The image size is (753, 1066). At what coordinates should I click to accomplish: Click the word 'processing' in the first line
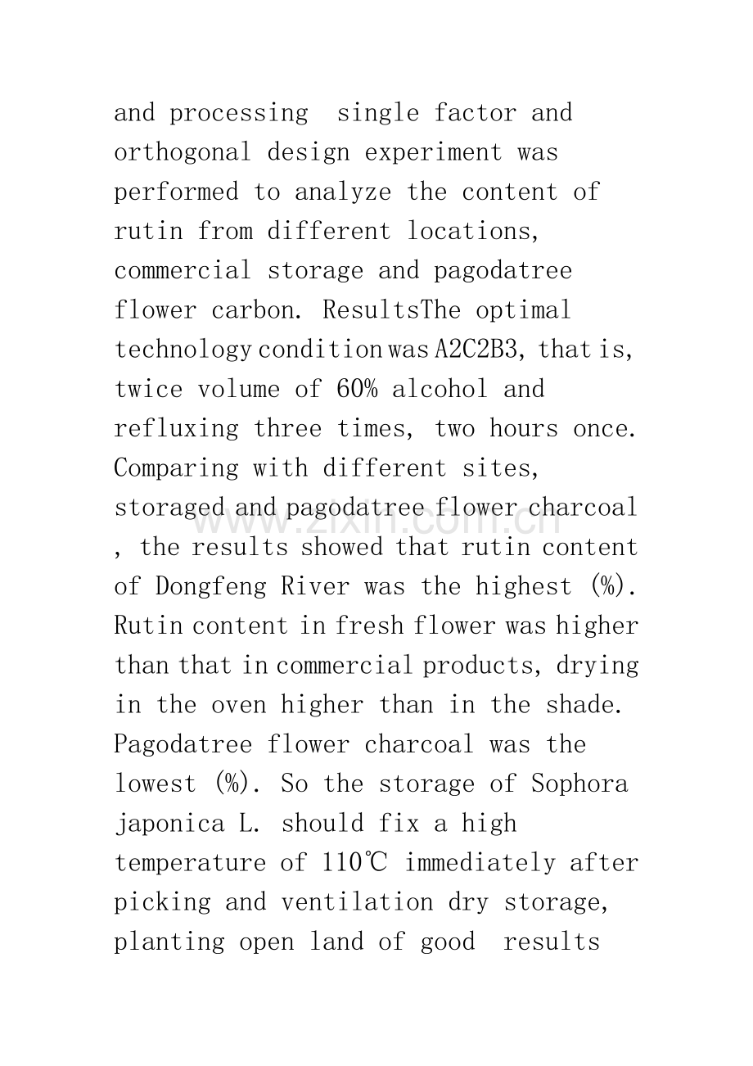click(238, 113)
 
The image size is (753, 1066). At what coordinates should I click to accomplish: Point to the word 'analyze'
click(342, 192)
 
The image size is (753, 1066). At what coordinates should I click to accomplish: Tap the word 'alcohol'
click(440, 389)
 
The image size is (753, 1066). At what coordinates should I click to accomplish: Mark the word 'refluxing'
click(176, 428)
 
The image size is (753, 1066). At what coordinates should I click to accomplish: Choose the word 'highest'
click(524, 587)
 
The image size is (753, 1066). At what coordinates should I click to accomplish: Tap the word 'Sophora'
click(579, 784)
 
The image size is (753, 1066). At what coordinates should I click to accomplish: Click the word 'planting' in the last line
click(169, 942)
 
